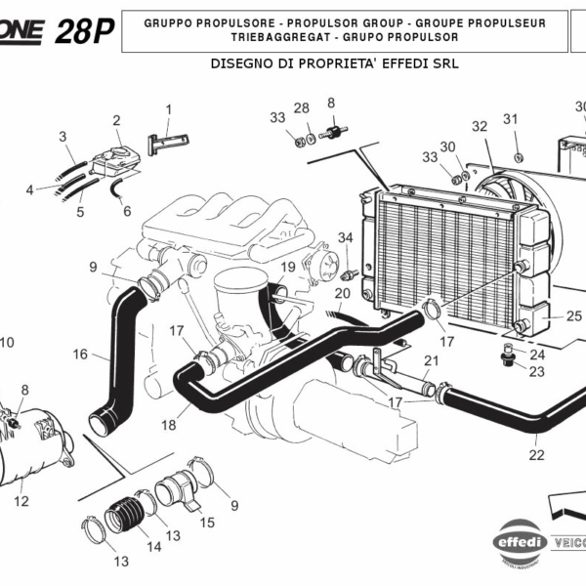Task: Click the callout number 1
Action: point(168,108)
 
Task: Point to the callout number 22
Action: point(536,454)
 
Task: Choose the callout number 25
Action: point(573,315)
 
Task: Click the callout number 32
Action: point(479,126)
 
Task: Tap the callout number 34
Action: point(345,237)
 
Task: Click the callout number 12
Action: point(21,502)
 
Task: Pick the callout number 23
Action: point(537,371)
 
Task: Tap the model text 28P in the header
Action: point(83,32)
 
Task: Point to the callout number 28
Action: point(302,107)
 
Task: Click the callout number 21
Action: point(431,360)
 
